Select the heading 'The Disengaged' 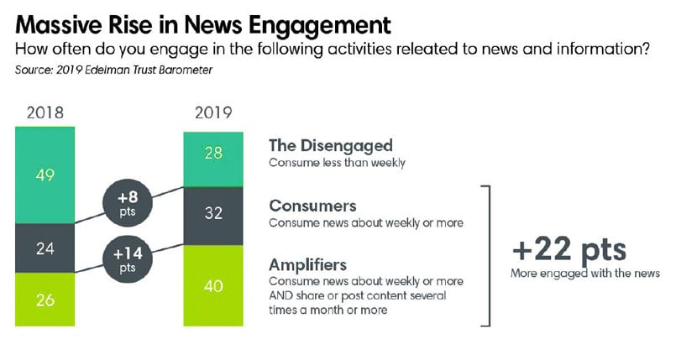pos(330,145)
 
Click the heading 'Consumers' pos(312,206)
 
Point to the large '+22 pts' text pos(569,249)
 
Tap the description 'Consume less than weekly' pos(337,162)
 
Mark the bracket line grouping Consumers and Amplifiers pos(489,255)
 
